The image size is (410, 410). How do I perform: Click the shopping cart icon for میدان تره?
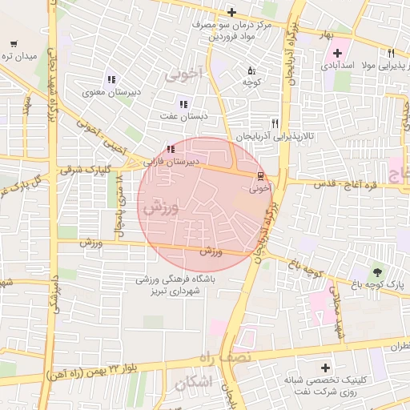coord(14,45)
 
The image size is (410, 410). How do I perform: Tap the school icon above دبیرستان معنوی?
coord(111,80)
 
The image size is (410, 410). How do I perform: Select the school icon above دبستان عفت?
coord(183,103)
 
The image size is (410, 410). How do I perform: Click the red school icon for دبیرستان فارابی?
coord(169,149)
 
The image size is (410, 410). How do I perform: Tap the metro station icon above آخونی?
coord(259,176)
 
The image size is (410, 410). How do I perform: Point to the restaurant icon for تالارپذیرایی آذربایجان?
coord(275,123)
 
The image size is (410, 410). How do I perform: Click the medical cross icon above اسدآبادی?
coord(338,53)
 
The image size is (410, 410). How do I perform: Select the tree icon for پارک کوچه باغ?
coord(376,272)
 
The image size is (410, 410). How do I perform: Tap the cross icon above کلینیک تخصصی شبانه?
coord(324,367)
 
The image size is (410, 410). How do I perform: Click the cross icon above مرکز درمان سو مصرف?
coord(231,12)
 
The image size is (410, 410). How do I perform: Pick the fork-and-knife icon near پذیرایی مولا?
coord(392,55)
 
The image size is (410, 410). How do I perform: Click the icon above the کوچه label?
coord(252,70)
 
